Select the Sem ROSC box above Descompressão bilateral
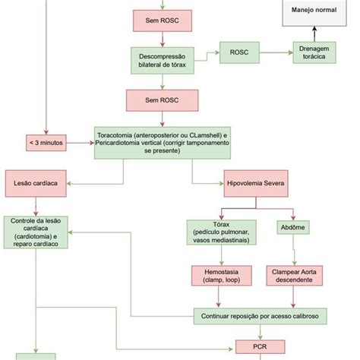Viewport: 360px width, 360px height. (x=163, y=18)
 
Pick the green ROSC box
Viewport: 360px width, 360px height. (x=242, y=52)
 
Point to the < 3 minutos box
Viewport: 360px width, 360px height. (x=46, y=141)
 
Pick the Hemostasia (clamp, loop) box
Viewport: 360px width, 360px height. (x=221, y=276)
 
